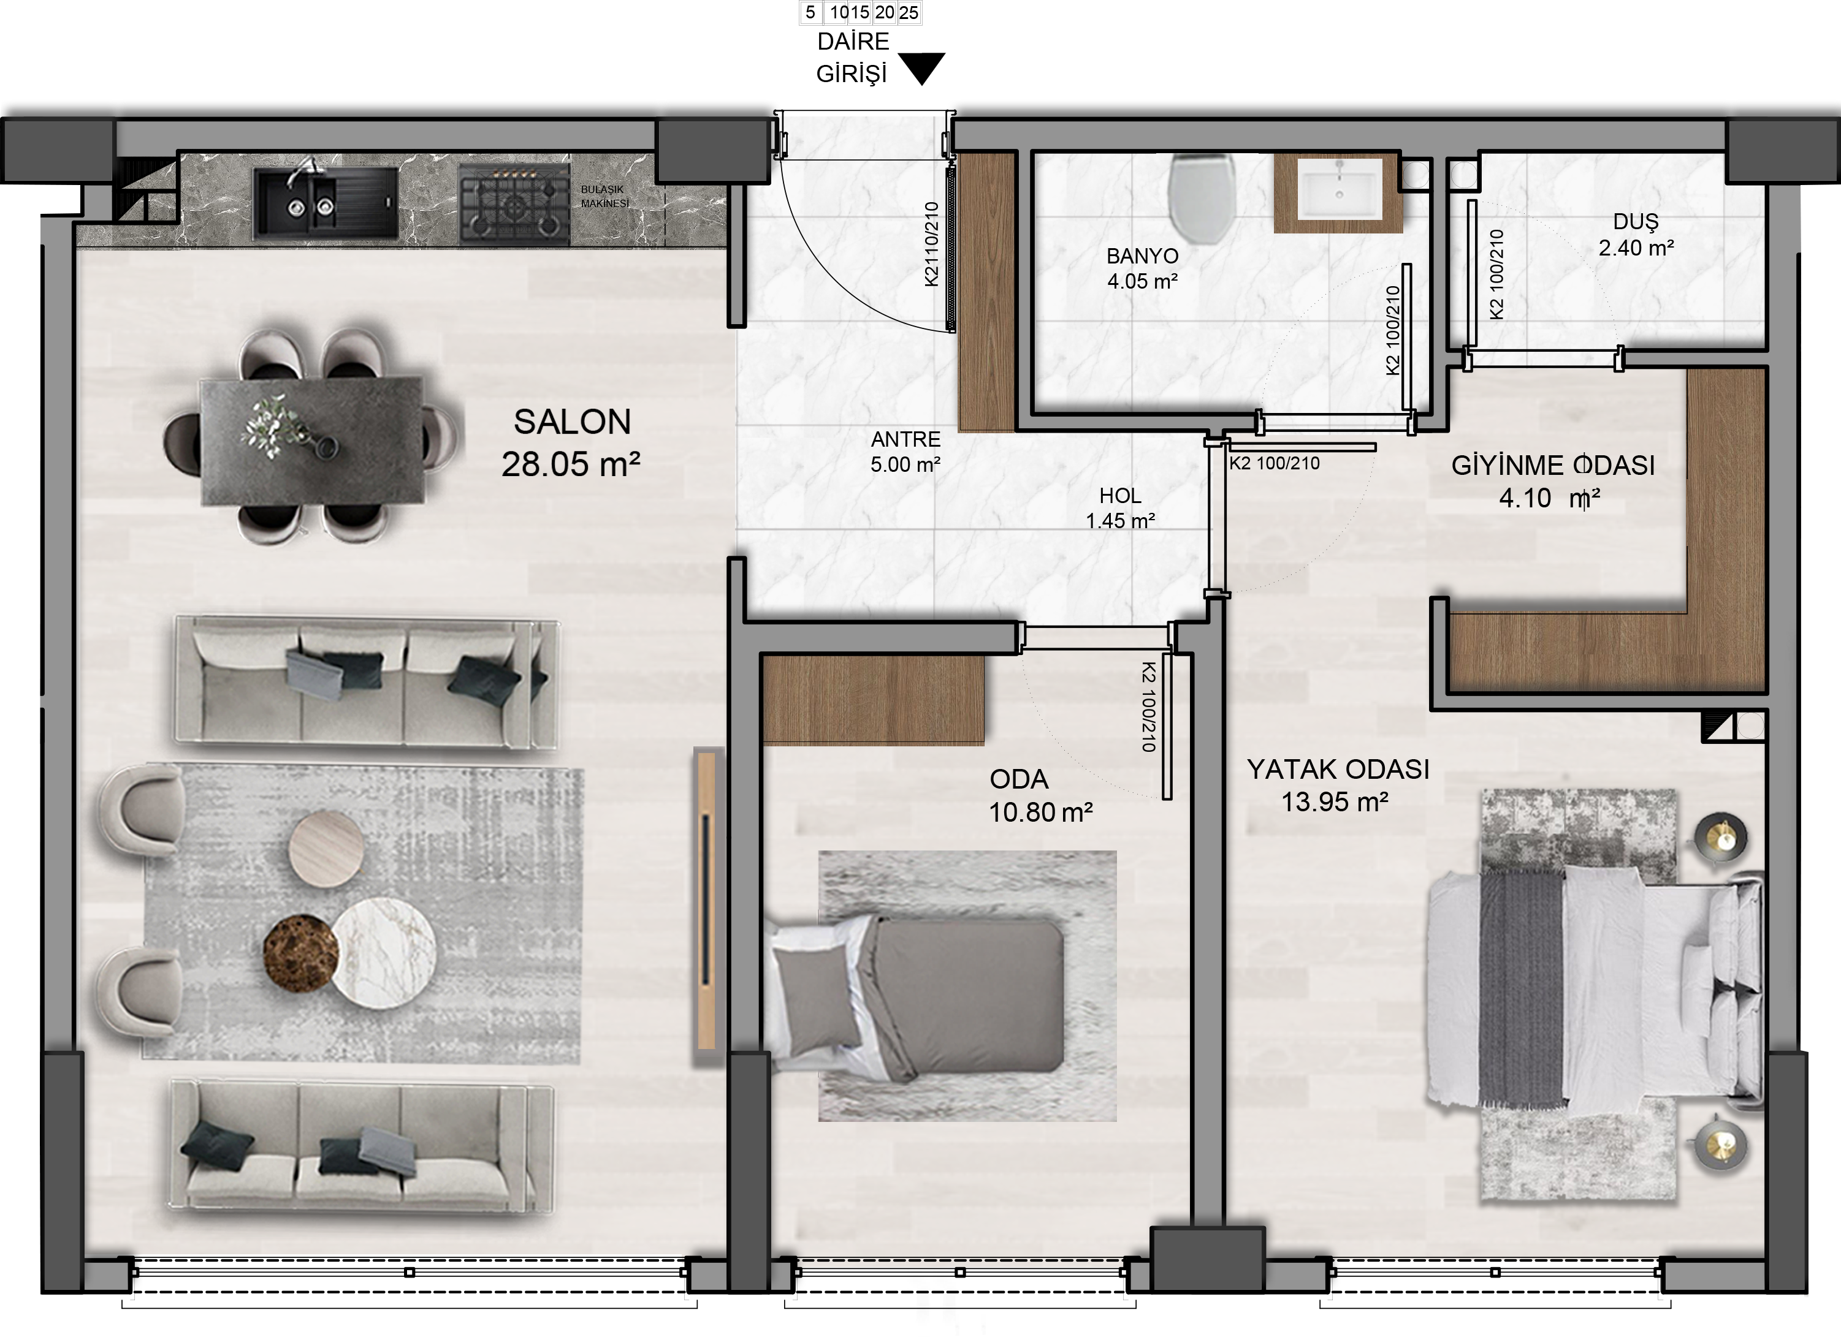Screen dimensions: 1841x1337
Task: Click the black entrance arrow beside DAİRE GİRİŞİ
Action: pyautogui.click(x=922, y=67)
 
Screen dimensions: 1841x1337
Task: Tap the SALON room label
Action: pyautogui.click(x=572, y=422)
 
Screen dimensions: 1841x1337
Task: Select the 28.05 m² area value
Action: pyautogui.click(x=571, y=464)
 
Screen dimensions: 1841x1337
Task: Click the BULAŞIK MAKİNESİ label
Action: pyautogui.click(x=604, y=196)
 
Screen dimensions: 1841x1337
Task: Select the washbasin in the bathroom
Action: pyautogui.click(x=1340, y=189)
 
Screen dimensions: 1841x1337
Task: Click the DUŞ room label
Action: pyautogui.click(x=1636, y=221)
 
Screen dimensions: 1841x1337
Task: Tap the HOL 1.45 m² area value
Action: pyautogui.click(x=1120, y=521)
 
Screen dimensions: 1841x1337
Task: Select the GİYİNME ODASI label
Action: pyautogui.click(x=1553, y=465)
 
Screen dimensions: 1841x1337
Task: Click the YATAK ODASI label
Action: pyautogui.click(x=1338, y=769)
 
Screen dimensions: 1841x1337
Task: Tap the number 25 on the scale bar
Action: pyautogui.click(x=909, y=12)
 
